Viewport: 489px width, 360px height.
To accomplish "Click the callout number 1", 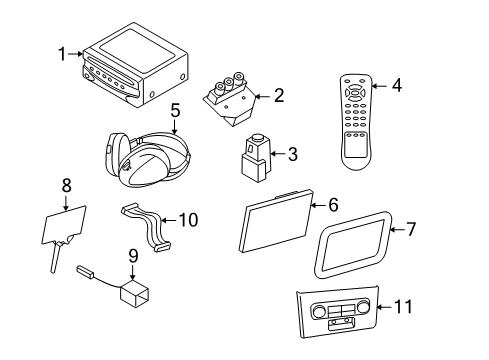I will point(62,52).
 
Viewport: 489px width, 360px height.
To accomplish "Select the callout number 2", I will point(279,96).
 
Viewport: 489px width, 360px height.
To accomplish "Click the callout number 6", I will point(333,204).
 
